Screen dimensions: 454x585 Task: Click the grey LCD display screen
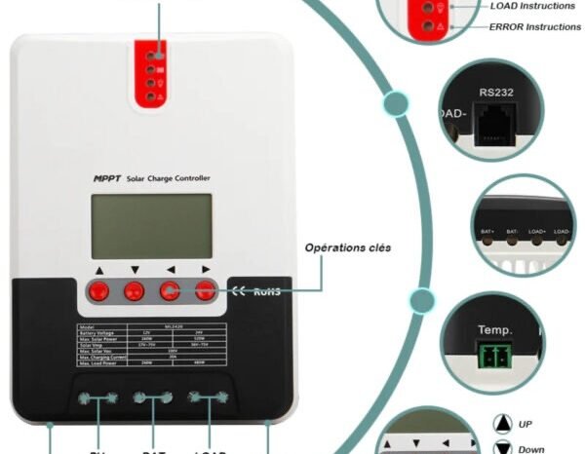(x=151, y=226)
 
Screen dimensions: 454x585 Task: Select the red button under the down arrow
(x=134, y=289)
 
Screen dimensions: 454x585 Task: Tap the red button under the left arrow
(x=170, y=289)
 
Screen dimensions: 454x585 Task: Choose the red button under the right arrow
(x=205, y=289)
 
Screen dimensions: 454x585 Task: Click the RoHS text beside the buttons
(x=266, y=291)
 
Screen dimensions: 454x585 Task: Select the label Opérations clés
(x=348, y=247)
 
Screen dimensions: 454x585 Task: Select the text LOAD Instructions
(x=532, y=6)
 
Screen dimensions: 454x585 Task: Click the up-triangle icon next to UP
(x=502, y=424)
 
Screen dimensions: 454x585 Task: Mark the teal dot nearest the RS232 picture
(x=395, y=103)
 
